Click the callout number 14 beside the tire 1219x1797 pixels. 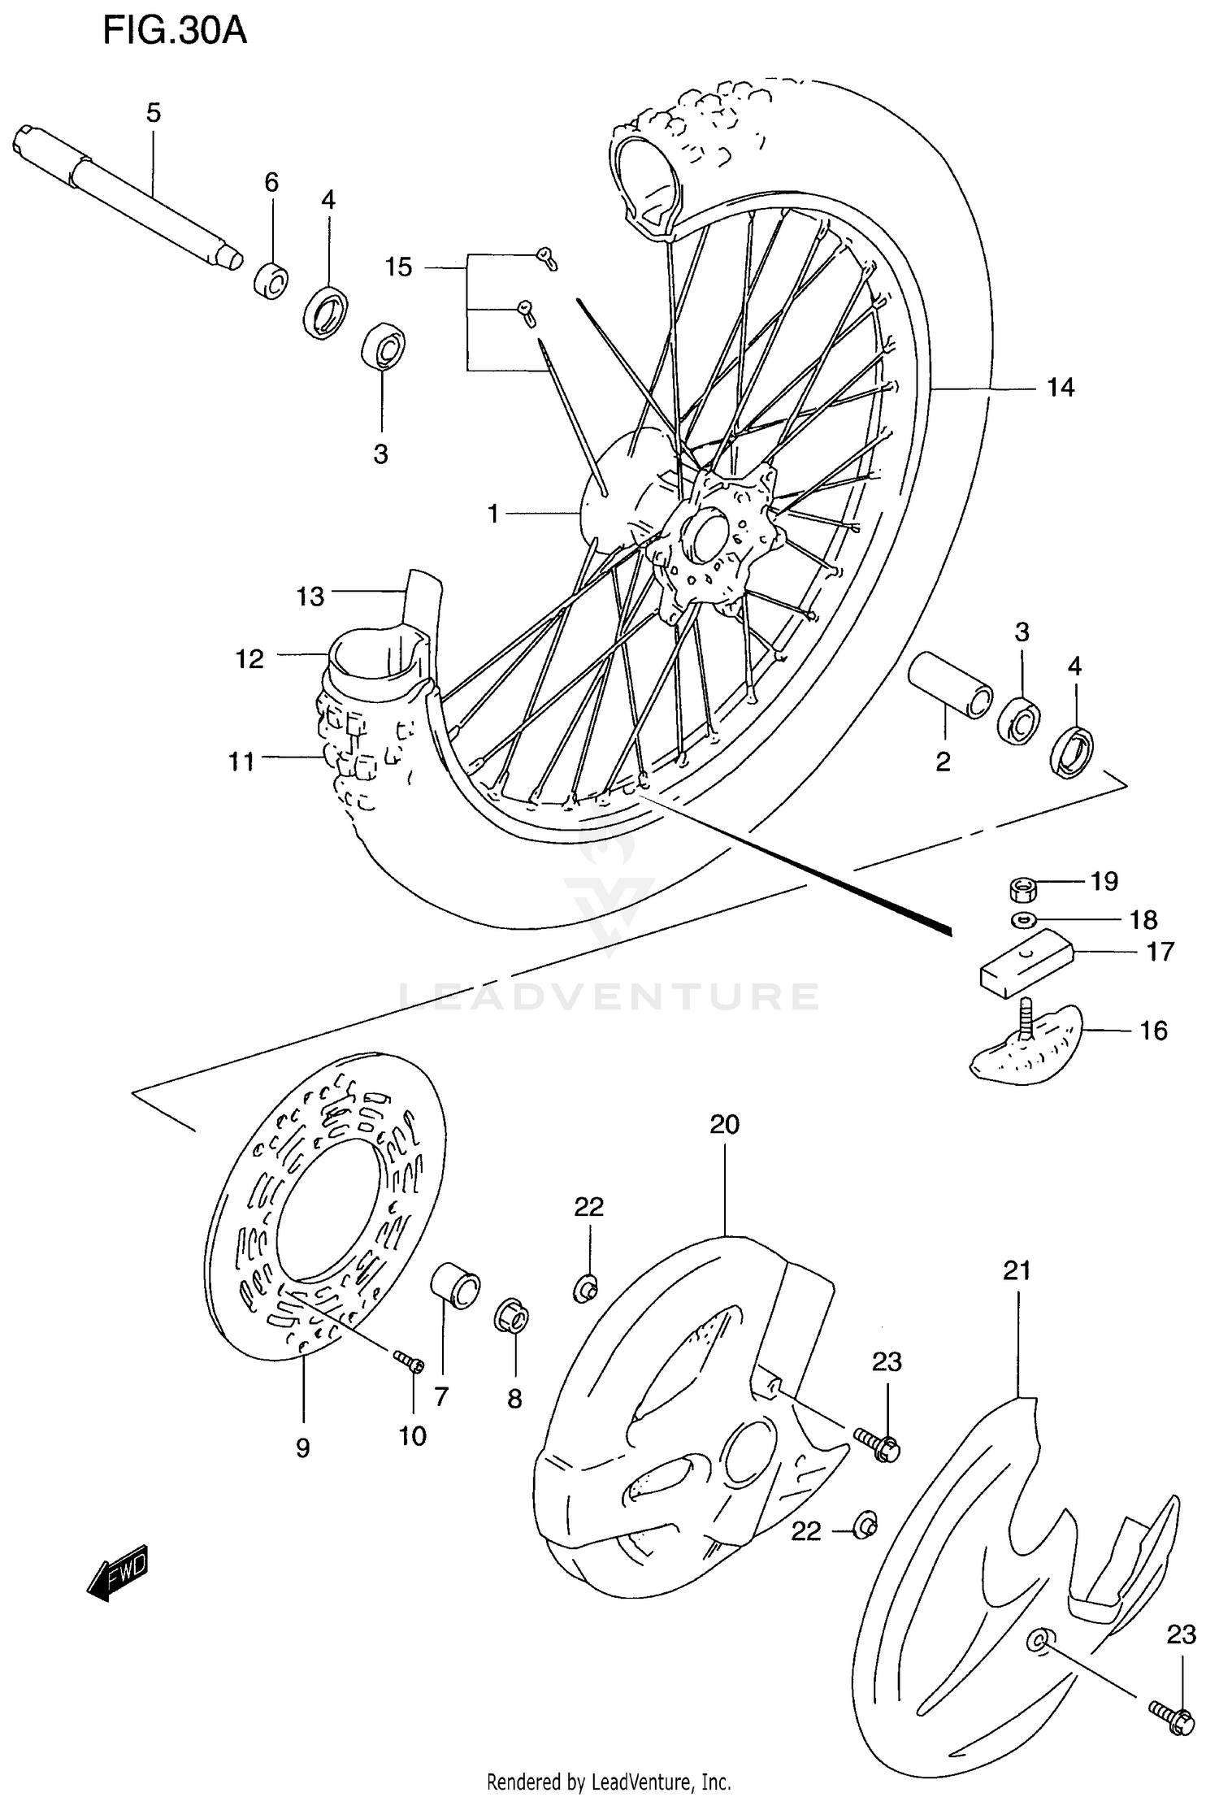(1060, 388)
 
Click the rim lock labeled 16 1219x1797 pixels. (1027, 1048)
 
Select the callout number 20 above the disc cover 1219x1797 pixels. (724, 1125)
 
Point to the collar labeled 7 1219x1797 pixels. (455, 1284)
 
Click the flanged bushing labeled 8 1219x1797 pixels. (512, 1315)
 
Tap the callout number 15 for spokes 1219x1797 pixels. (398, 267)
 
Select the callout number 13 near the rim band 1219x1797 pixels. (310, 597)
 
